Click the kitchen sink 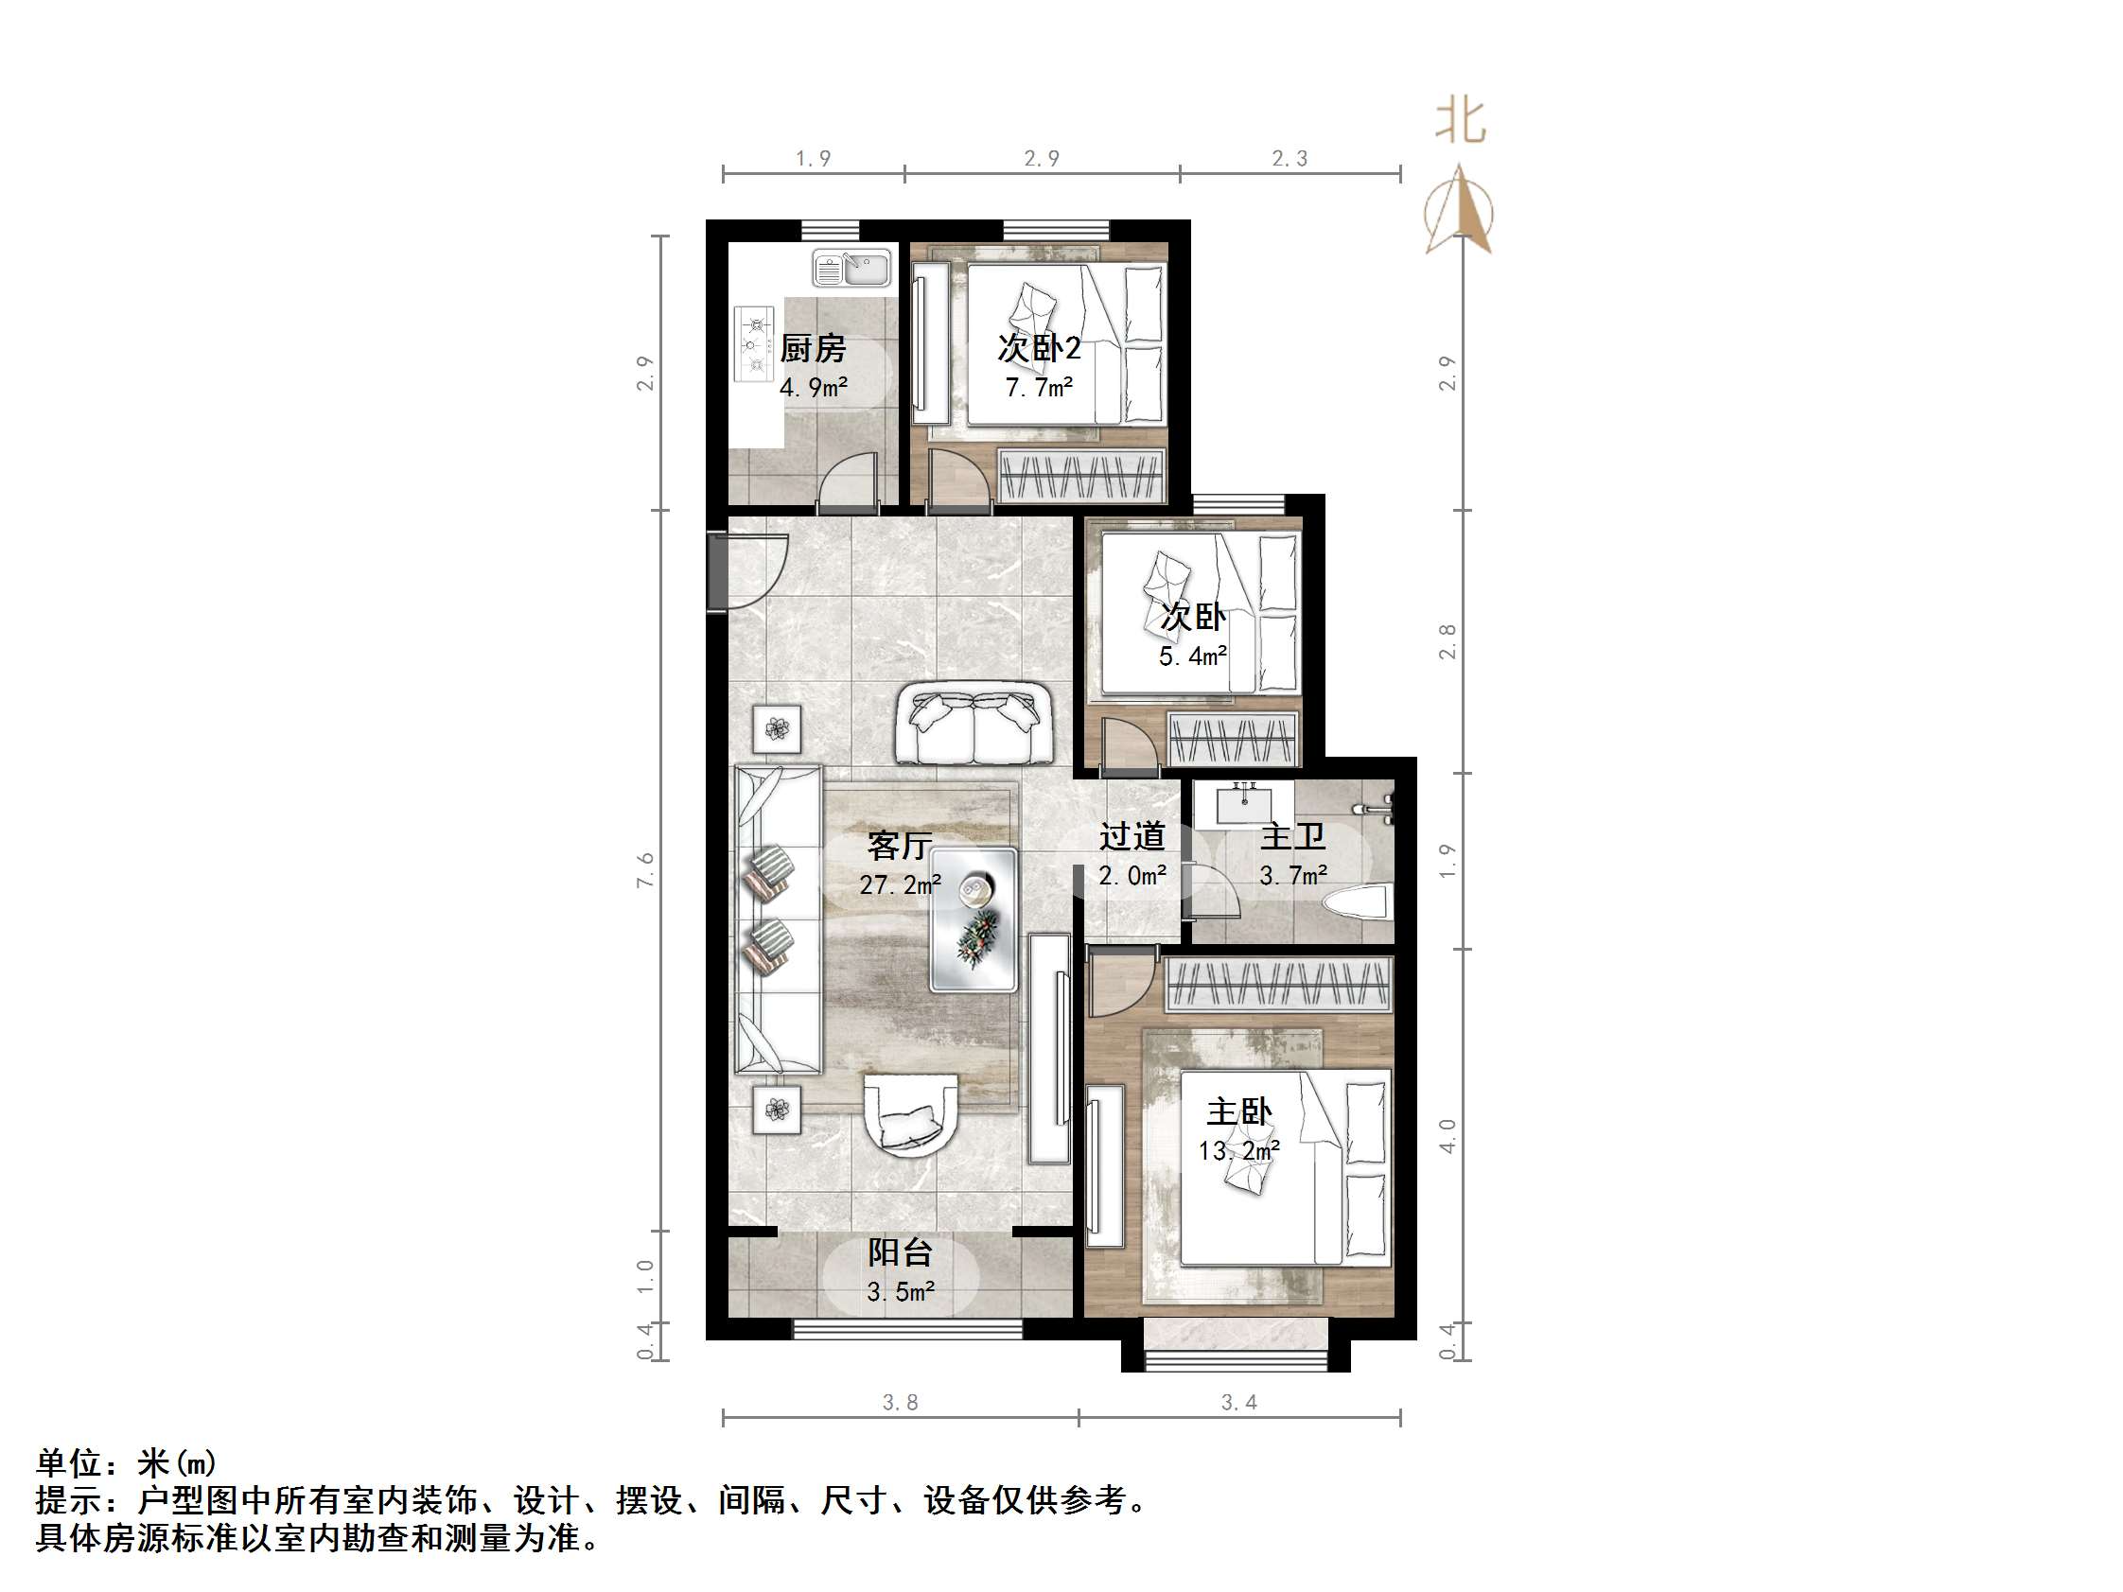tap(852, 268)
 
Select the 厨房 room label tap(812, 348)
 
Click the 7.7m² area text tap(1039, 388)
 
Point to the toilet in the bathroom tap(1357, 903)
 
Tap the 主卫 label tap(1292, 837)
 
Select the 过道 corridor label tap(1132, 837)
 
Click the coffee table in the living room tap(974, 918)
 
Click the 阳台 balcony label tap(900, 1252)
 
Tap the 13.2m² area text tap(1239, 1150)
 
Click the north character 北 tap(1461, 123)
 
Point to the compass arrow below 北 tap(1459, 211)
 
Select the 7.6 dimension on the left tap(645, 869)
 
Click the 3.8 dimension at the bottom tap(901, 1403)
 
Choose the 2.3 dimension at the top tap(1289, 158)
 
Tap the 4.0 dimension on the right tap(1447, 1136)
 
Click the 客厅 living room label tap(900, 846)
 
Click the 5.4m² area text tap(1192, 657)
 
